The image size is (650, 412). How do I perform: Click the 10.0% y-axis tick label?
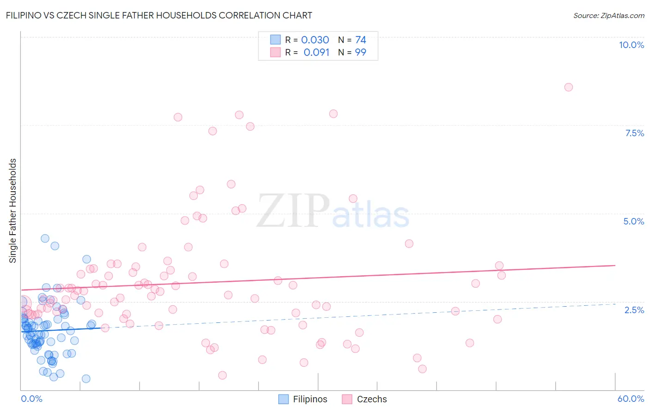631,45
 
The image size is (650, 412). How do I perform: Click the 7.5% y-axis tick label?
634,133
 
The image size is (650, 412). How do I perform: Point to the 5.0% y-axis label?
633,221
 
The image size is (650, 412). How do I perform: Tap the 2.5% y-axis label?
634,310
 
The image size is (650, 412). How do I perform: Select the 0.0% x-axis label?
31,399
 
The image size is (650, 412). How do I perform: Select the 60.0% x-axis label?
631,399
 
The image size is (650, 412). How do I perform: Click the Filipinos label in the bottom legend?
310,399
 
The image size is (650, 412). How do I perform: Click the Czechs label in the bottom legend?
372,399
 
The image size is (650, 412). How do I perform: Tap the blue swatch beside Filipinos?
283,399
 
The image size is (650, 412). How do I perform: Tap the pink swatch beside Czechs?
347,399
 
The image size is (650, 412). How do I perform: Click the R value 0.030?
315,40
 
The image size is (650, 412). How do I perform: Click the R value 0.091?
316,53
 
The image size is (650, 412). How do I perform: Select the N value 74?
361,40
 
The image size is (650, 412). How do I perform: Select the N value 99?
361,53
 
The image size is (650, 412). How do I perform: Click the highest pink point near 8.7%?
569,87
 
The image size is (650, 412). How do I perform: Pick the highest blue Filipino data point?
45,238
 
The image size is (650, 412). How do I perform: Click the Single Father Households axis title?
13,211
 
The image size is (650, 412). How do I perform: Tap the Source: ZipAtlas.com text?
608,16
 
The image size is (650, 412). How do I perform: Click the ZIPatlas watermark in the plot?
333,211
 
